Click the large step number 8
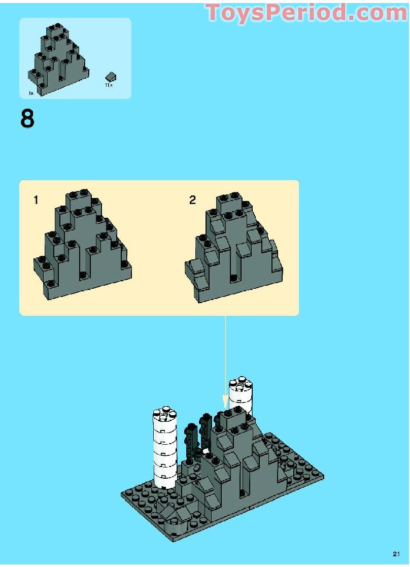pos(27,119)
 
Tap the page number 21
pos(397,554)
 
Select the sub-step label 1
pos(36,200)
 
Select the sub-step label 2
pos(192,200)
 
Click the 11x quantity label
pos(108,86)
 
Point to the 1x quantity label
pos(31,93)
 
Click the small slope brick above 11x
pos(111,77)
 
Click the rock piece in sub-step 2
pos(233,249)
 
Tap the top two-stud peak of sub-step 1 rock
pos(78,197)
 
